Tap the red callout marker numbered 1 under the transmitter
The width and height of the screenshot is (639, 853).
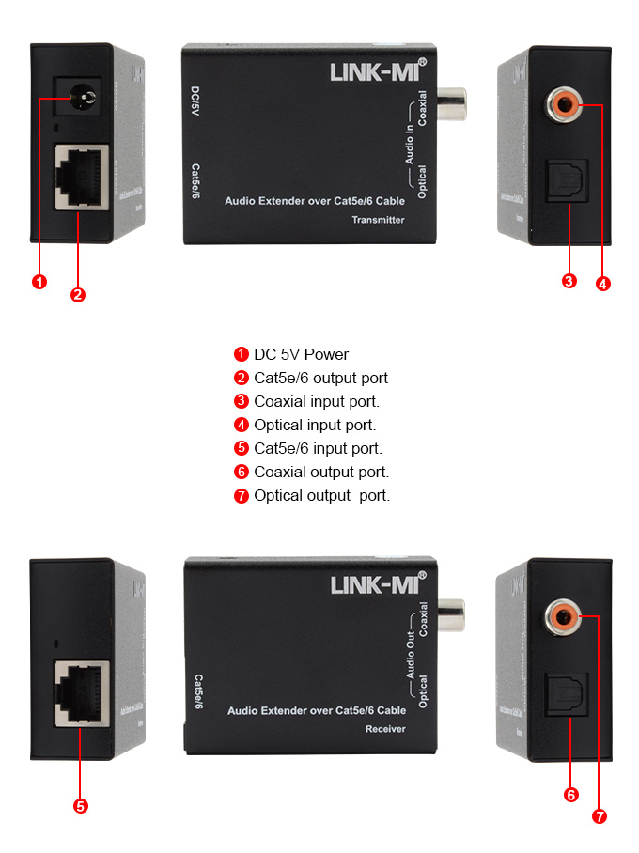click(x=39, y=282)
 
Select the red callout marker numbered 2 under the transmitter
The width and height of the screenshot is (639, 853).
click(x=78, y=295)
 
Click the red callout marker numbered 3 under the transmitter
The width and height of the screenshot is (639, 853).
click(x=569, y=281)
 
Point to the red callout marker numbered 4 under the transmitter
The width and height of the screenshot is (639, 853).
click(x=603, y=283)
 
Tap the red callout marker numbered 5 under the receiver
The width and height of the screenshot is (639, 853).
click(x=80, y=805)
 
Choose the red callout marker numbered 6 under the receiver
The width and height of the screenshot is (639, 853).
click(x=570, y=795)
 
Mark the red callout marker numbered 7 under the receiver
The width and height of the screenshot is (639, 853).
click(x=600, y=816)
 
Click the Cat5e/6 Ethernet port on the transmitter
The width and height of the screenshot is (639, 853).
click(x=82, y=176)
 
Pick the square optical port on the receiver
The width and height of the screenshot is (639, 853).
click(x=567, y=696)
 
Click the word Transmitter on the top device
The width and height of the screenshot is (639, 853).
click(x=378, y=220)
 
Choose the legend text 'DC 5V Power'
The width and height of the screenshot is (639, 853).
click(x=301, y=354)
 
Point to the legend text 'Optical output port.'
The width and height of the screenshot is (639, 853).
click(x=321, y=495)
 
